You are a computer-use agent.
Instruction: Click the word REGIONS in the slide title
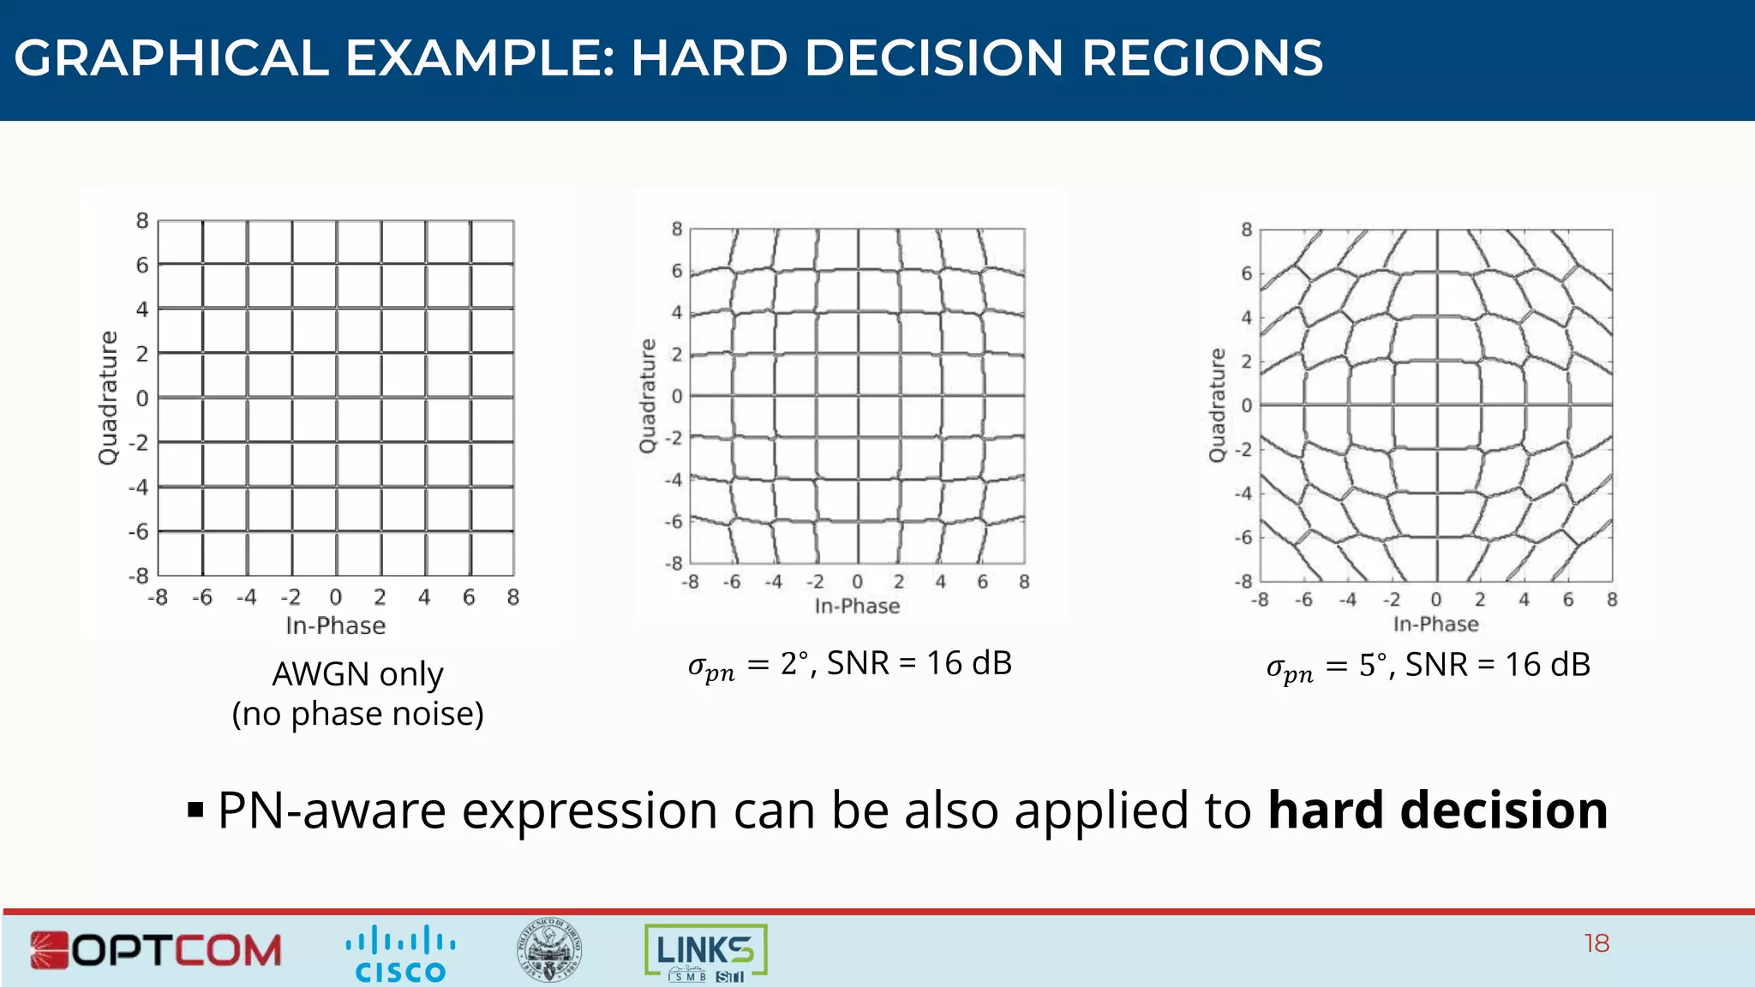click(x=1201, y=58)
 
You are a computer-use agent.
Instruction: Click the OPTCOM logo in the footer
click(x=156, y=950)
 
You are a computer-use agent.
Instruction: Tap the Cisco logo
click(x=400, y=953)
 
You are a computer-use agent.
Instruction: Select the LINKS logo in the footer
click(x=705, y=952)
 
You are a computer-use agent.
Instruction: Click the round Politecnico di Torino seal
click(x=549, y=950)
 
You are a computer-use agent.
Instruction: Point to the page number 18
click(x=1596, y=943)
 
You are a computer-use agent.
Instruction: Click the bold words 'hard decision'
click(x=1437, y=811)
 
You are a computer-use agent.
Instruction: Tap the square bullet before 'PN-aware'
click(x=195, y=810)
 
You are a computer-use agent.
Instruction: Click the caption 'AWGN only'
click(x=357, y=674)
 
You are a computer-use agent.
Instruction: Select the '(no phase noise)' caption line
click(x=357, y=714)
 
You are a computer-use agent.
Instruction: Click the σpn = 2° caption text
click(x=849, y=664)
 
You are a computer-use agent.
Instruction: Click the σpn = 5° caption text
click(x=1428, y=666)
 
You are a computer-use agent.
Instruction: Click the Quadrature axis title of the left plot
click(x=108, y=398)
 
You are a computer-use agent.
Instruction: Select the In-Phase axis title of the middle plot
click(x=857, y=607)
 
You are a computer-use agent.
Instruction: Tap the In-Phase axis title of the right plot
click(x=1435, y=625)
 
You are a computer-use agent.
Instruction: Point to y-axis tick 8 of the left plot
click(x=142, y=221)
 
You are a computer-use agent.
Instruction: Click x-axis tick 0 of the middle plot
click(x=857, y=582)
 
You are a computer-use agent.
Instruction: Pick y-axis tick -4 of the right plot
click(x=1243, y=493)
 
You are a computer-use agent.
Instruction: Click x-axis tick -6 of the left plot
click(x=202, y=597)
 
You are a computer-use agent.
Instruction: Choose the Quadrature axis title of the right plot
click(x=1217, y=405)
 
